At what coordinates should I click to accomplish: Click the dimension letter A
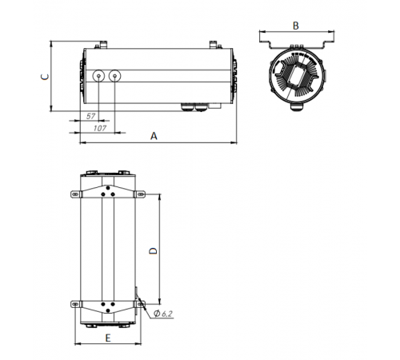[x=154, y=137]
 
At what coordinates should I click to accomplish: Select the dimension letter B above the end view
[x=295, y=26]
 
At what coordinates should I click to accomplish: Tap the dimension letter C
[x=46, y=76]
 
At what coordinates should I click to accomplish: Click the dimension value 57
[x=90, y=117]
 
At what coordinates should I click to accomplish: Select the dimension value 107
[x=101, y=128]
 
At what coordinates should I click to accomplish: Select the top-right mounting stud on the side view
[x=213, y=45]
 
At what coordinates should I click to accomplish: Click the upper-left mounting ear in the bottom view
[x=75, y=194]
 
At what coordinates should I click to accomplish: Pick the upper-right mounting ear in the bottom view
[x=140, y=194]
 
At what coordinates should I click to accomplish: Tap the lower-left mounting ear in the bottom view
[x=75, y=304]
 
